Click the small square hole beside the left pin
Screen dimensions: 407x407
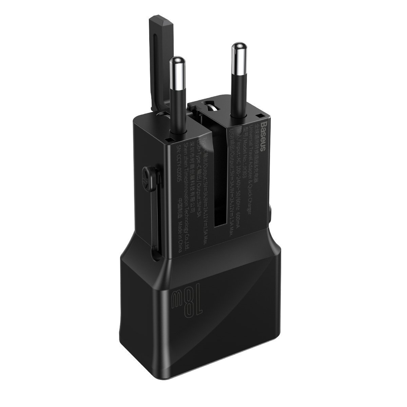coord(167,139)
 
